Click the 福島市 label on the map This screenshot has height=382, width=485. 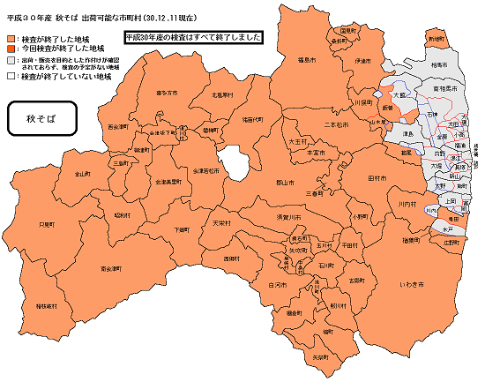pos(308,61)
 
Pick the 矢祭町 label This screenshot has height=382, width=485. pos(320,356)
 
